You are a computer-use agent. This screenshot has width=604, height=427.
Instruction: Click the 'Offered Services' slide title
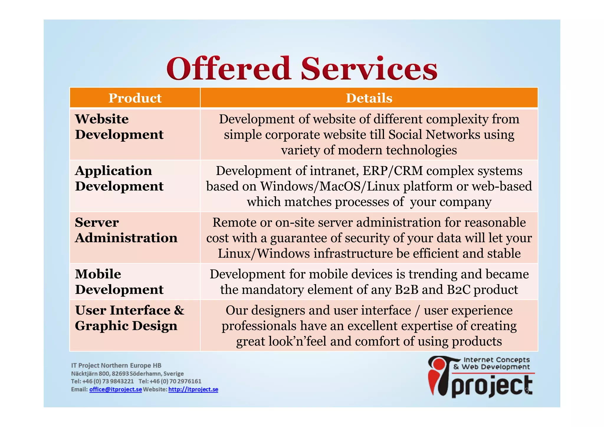pyautogui.click(x=302, y=68)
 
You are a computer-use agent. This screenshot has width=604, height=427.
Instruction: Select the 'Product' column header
pyautogui.click(x=135, y=98)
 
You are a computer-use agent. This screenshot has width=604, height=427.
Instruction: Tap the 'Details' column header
pyautogui.click(x=369, y=98)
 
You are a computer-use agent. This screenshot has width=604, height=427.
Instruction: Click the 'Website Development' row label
pyautogui.click(x=119, y=127)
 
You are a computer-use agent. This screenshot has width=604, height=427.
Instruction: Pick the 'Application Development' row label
pyautogui.click(x=119, y=179)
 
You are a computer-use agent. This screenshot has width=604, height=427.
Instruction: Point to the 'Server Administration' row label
pyautogui.click(x=126, y=230)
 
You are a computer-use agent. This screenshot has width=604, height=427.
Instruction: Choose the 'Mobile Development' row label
pyautogui.click(x=119, y=282)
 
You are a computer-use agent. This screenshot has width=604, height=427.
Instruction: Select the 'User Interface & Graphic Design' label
pyautogui.click(x=129, y=318)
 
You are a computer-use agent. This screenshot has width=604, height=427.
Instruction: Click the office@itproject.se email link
pyautogui.click(x=116, y=389)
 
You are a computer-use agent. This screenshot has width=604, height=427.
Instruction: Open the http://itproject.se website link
pyautogui.click(x=193, y=389)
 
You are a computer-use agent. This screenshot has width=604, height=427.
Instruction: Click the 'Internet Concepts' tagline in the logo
pyautogui.click(x=497, y=360)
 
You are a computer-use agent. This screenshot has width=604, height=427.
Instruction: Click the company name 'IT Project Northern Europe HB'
pyautogui.click(x=116, y=365)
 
